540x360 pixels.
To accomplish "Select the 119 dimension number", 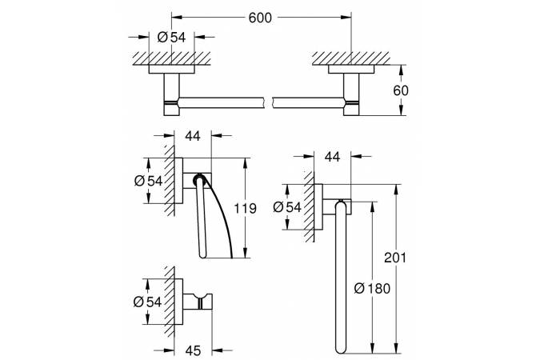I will tap(245, 209).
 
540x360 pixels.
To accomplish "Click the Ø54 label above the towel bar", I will tap(172, 37).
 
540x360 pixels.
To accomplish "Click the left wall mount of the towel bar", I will tap(172, 94).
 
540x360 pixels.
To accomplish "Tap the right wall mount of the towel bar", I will tap(350, 94).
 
